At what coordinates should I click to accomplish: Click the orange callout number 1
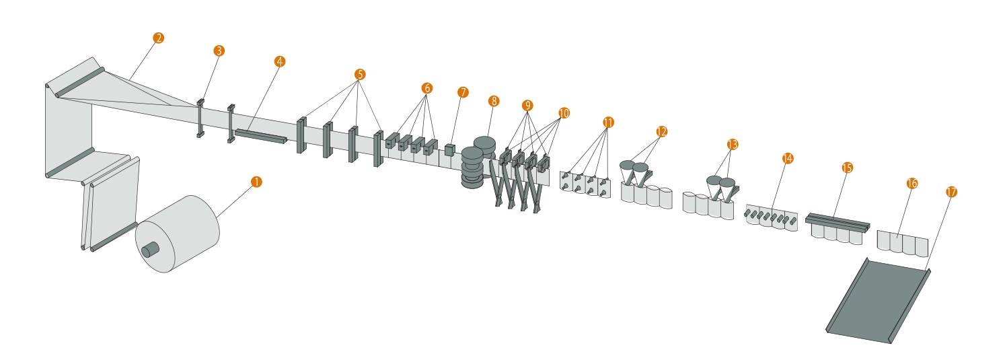[x=256, y=182]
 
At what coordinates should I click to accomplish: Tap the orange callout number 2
[x=158, y=38]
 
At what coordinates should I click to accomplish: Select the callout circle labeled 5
[x=360, y=75]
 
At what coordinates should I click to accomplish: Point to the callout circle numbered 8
[x=494, y=101]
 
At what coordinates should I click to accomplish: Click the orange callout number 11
[x=608, y=122]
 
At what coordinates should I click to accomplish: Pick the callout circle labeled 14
[x=788, y=158]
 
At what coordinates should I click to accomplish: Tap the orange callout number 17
[x=951, y=192]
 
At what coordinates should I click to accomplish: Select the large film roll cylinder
[x=178, y=233]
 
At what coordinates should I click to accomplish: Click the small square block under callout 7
[x=449, y=150]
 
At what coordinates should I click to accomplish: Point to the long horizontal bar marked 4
[x=260, y=137]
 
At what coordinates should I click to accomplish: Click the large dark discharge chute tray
[x=879, y=301]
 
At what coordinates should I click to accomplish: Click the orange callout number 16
[x=911, y=184]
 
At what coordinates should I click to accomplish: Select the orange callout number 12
[x=661, y=131]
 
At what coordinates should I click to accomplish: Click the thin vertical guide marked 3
[x=200, y=118]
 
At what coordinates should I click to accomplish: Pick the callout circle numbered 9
[x=527, y=106]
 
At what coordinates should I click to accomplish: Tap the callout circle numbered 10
[x=564, y=113]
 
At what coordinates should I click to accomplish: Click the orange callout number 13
[x=732, y=145]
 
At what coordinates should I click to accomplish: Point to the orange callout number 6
[x=426, y=88]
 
